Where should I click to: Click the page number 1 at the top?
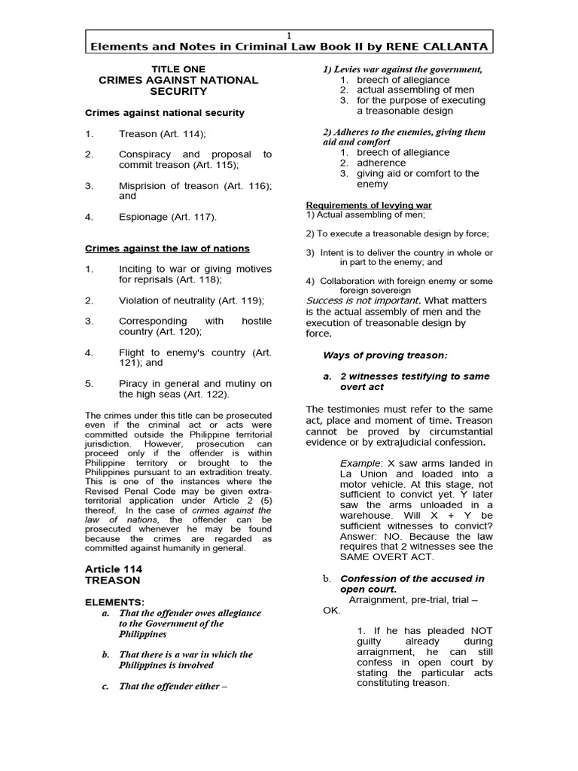point(289,35)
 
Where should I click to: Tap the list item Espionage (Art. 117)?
point(167,218)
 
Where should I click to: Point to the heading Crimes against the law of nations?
point(166,248)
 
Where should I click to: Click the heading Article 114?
point(113,569)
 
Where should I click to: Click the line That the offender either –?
point(173,686)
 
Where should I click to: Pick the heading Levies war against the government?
point(402,69)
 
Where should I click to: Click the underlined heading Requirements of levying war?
point(369,206)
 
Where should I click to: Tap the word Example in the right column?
point(360,463)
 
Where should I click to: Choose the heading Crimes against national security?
point(164,113)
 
